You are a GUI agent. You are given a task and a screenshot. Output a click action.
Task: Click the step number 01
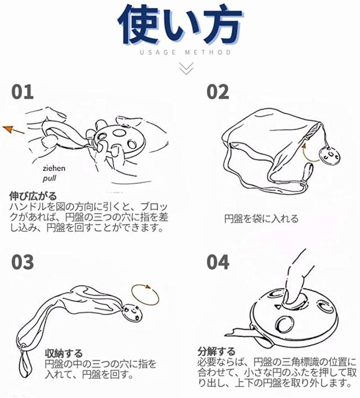(x=22, y=92)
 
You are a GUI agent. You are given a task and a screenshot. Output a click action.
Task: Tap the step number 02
(x=218, y=92)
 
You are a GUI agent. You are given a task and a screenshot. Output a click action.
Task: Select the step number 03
(x=22, y=262)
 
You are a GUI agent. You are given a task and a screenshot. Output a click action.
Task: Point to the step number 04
(x=218, y=262)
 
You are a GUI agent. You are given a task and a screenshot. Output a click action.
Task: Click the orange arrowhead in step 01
(x=8, y=129)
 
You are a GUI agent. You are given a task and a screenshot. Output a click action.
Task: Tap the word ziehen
(x=54, y=168)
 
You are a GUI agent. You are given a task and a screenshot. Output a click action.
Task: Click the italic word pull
(x=49, y=178)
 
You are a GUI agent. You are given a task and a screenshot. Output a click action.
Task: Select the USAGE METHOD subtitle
(x=186, y=52)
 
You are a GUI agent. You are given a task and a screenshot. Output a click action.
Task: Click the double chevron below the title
(x=186, y=68)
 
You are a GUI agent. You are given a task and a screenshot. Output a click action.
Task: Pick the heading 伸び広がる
(x=33, y=196)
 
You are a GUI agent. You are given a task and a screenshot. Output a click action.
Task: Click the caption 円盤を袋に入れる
(x=262, y=218)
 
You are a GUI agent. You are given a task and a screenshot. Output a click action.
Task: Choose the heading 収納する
(x=64, y=353)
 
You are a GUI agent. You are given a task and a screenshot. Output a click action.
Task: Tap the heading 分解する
(x=217, y=351)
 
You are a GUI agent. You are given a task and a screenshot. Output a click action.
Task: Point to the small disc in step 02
(x=330, y=154)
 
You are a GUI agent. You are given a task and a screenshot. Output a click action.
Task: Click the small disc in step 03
(x=132, y=313)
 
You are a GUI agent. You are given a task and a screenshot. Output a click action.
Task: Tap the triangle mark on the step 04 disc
(x=278, y=307)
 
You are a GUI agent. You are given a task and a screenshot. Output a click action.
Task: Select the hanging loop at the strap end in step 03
(x=25, y=360)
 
